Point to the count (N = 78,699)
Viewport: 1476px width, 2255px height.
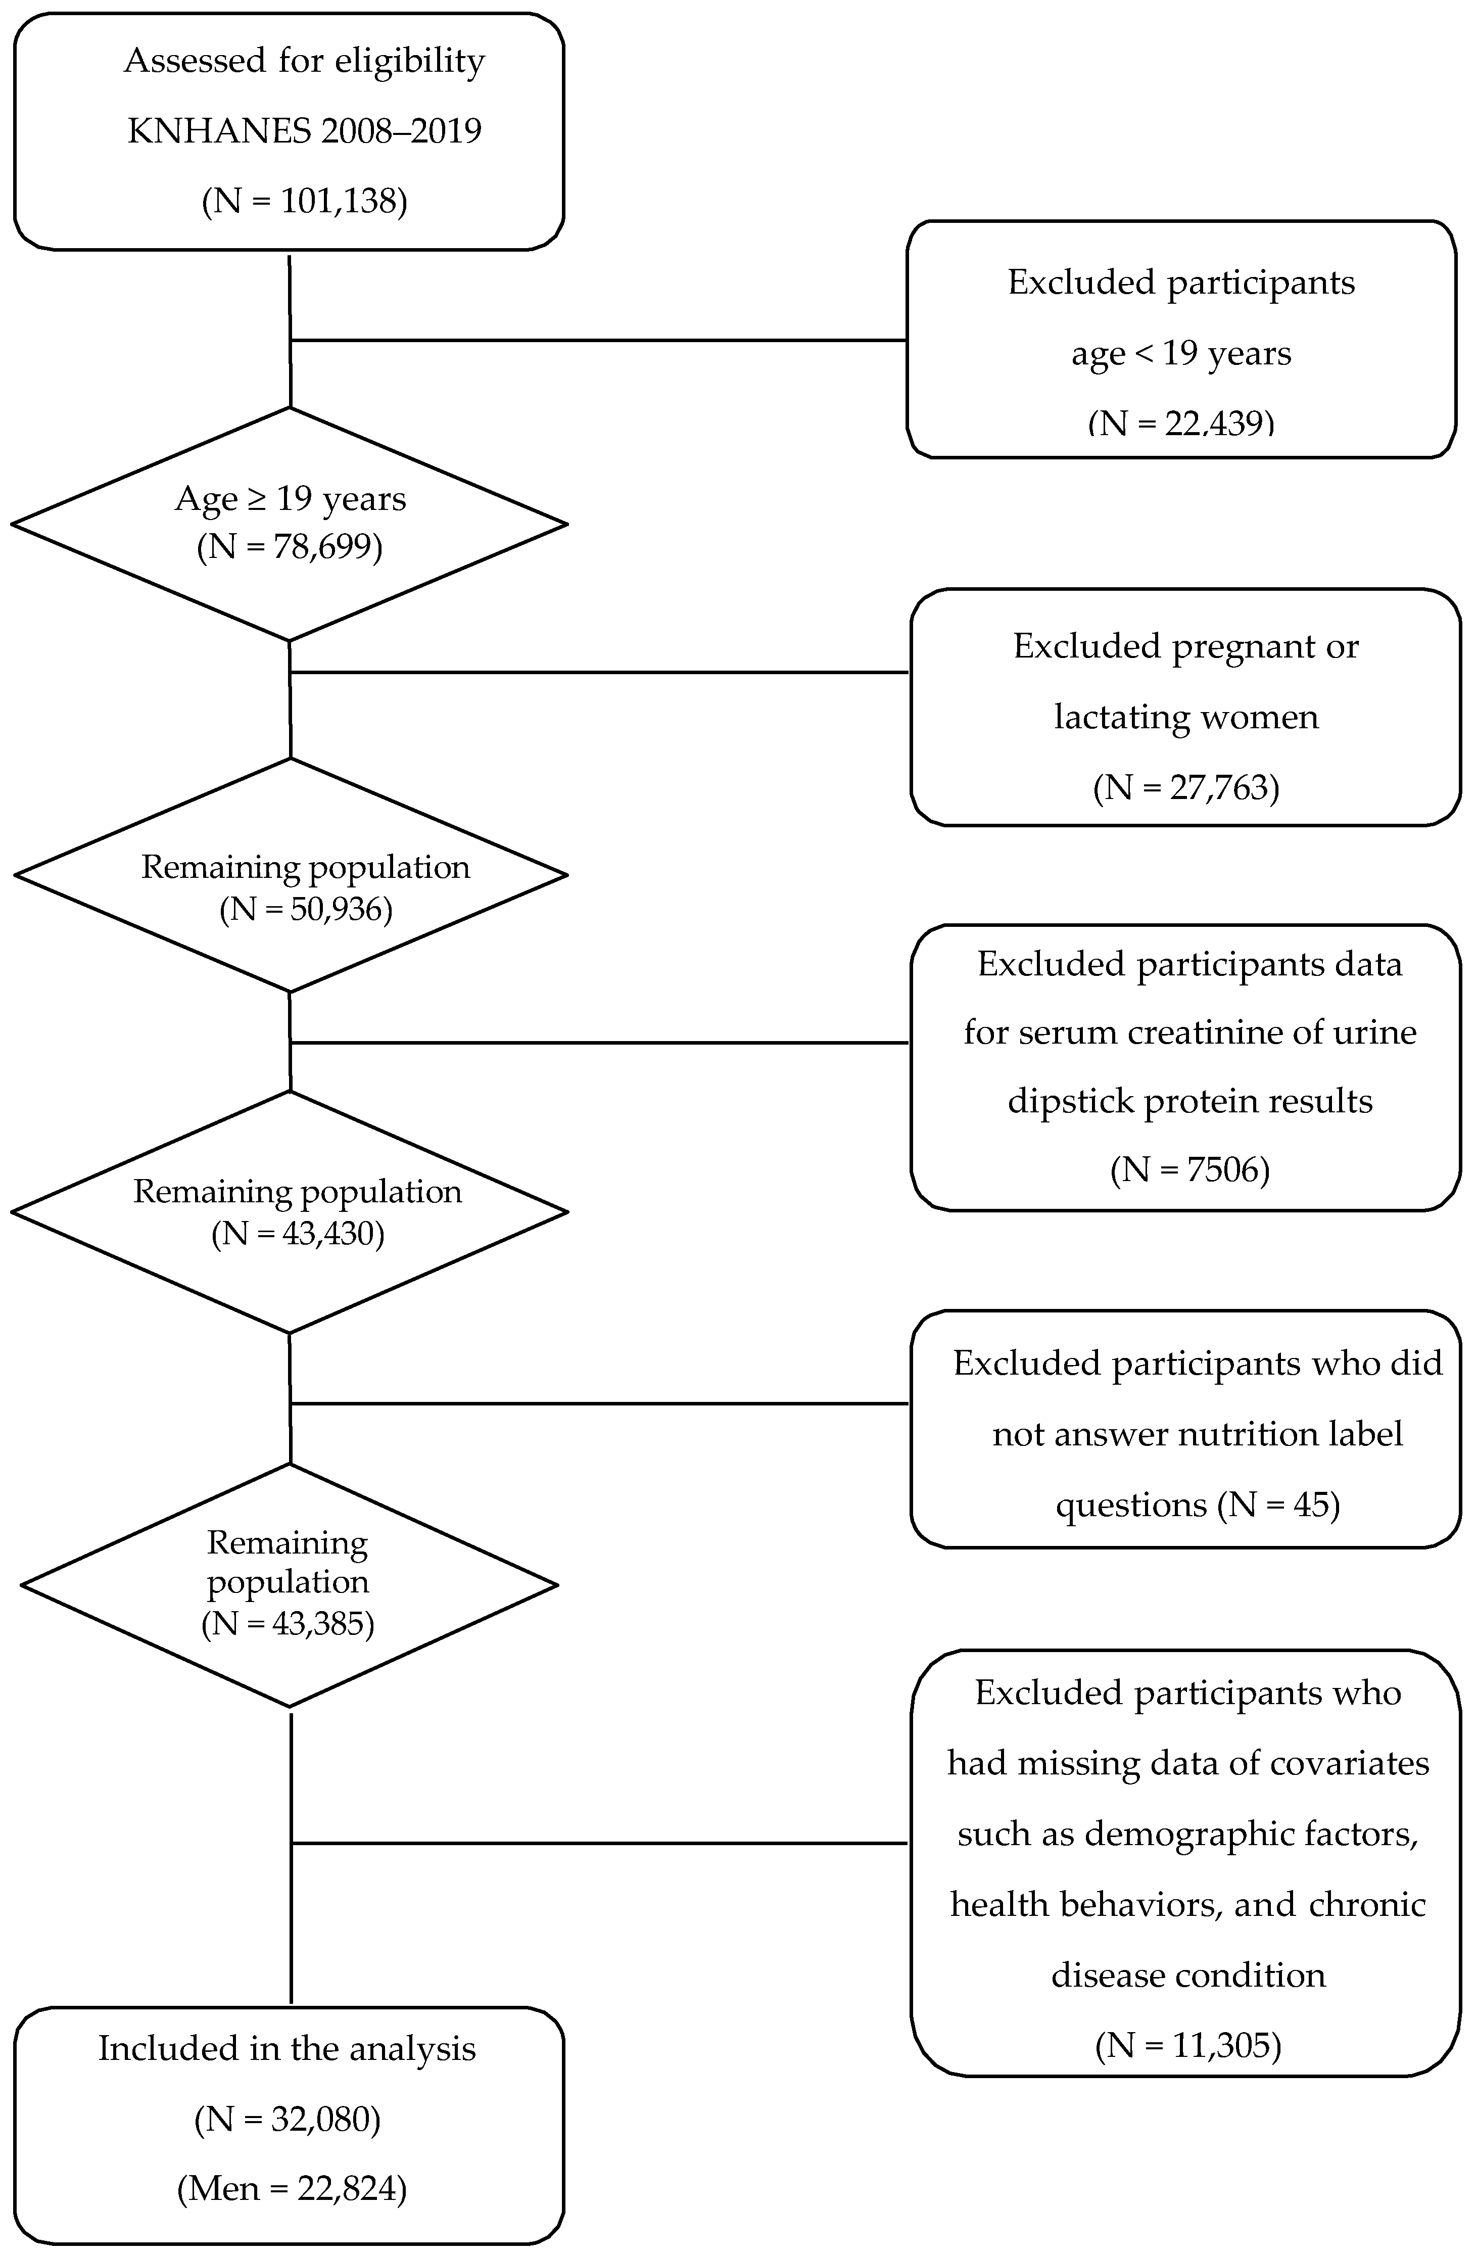coord(290,548)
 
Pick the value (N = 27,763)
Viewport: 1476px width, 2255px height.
coord(1186,787)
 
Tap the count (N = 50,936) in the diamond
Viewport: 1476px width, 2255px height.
coord(306,910)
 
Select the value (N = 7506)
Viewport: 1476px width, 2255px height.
coord(1190,1170)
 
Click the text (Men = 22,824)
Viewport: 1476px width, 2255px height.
coord(292,2189)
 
